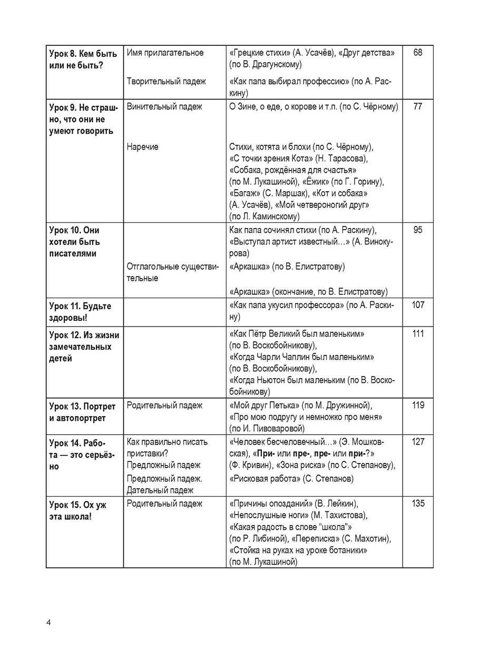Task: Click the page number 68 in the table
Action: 418,53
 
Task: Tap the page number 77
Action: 418,106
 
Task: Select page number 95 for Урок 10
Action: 418,230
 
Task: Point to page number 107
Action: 418,305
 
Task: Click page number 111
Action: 418,334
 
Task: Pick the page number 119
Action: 418,406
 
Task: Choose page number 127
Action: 418,442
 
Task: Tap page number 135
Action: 418,504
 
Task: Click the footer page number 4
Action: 48,623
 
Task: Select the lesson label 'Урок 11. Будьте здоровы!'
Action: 80,311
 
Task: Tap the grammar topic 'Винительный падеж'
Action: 164,106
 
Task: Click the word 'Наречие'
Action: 142,147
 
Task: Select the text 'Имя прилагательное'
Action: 165,53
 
